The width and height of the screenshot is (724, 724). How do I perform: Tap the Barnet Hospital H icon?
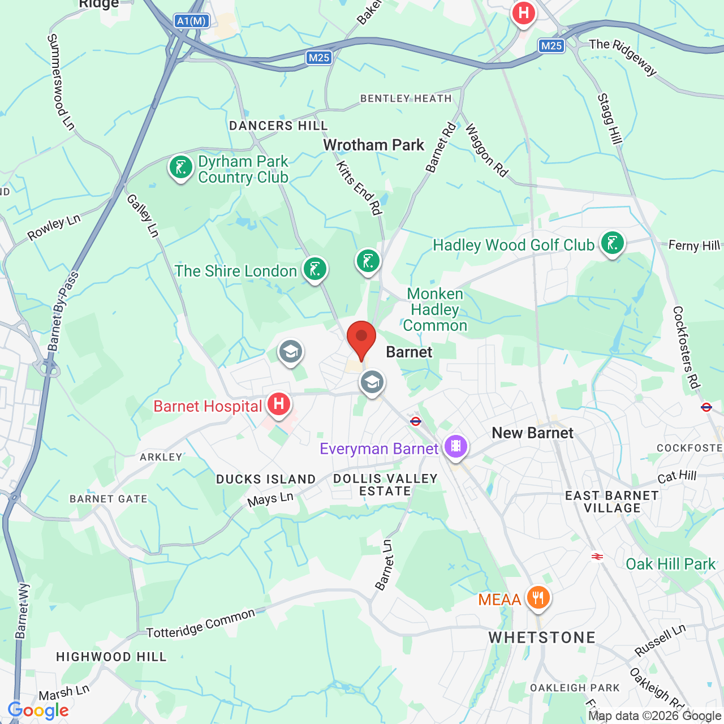click(x=278, y=404)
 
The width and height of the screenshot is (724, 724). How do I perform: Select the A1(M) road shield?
click(x=192, y=21)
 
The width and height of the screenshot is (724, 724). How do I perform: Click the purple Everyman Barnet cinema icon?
click(x=456, y=446)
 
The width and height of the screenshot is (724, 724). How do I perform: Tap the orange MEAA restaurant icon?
click(x=538, y=597)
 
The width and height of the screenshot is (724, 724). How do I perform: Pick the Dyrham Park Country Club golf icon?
click(x=181, y=168)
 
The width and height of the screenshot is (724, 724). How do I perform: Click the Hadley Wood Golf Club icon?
click(x=612, y=244)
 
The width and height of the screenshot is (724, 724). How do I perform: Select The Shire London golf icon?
click(x=315, y=269)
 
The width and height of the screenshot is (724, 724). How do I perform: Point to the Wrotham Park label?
click(x=373, y=145)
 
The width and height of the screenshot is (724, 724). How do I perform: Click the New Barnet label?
click(x=532, y=433)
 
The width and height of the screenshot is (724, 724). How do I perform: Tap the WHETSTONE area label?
click(x=542, y=637)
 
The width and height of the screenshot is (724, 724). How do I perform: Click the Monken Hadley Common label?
click(x=435, y=309)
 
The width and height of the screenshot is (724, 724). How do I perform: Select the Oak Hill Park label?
click(x=670, y=564)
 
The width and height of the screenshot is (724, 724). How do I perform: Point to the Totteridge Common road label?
click(x=201, y=623)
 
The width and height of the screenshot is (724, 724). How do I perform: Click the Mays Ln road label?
click(x=270, y=499)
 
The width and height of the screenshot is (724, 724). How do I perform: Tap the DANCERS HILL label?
click(x=278, y=126)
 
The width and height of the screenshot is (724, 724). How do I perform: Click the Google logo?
click(x=38, y=710)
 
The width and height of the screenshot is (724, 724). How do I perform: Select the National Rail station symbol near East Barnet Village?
click(x=597, y=557)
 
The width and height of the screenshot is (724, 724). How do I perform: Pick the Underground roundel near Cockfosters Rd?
click(x=706, y=407)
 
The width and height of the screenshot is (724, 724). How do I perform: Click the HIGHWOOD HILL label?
click(x=111, y=657)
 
